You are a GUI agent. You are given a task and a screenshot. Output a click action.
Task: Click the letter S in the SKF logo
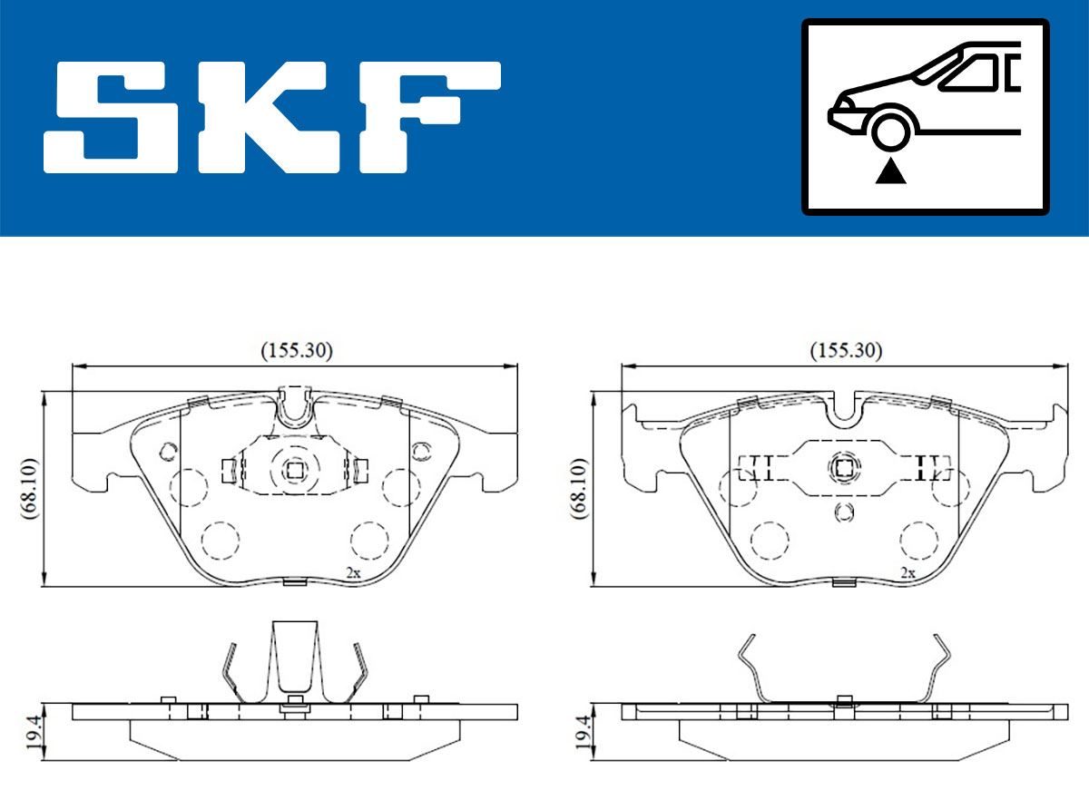point(111,118)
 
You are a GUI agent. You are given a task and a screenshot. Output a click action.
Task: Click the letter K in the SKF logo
point(269,118)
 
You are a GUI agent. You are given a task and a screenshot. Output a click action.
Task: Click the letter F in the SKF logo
point(430,118)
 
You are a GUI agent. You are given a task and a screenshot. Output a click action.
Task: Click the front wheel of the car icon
point(890,131)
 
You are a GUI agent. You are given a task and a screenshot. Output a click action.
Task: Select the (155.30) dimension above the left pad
point(297,351)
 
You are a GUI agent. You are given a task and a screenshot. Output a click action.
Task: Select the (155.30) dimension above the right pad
point(846,351)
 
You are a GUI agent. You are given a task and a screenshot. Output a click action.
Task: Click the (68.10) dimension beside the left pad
point(29,488)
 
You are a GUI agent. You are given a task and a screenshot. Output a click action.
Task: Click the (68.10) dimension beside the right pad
point(579,488)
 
